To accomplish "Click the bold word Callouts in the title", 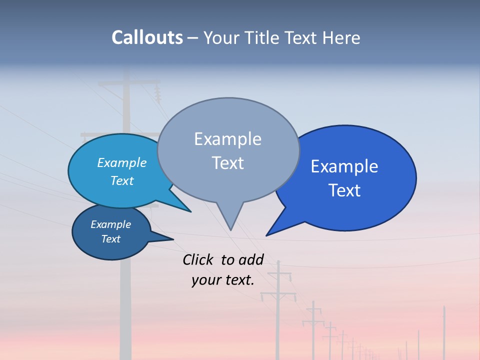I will point(147,37).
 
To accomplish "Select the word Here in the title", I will point(341,38).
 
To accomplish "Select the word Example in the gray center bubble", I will point(227,139).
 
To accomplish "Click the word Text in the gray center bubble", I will point(227,163).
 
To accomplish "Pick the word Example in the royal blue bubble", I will point(344,166).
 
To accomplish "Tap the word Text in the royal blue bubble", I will point(344,190).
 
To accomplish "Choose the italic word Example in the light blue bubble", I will point(122,162).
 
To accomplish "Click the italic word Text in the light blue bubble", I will point(122,180).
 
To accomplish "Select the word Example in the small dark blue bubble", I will point(110,224).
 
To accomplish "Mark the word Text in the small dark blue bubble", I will point(110,239).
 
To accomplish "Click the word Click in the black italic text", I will point(198,259).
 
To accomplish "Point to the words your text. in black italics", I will point(222,280).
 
